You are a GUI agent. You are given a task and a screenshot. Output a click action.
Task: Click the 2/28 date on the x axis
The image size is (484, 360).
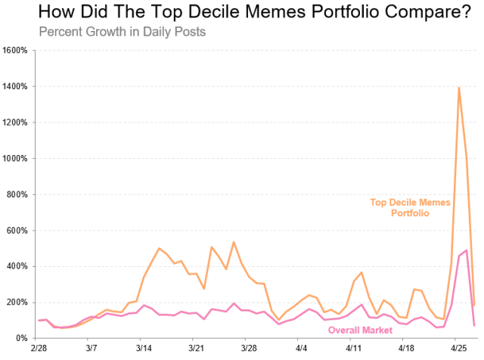(39, 349)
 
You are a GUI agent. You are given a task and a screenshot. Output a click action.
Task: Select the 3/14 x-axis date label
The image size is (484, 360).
(144, 349)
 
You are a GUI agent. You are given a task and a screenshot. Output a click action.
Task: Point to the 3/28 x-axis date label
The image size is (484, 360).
(249, 349)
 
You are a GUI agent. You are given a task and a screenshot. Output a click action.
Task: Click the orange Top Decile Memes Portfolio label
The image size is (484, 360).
(410, 208)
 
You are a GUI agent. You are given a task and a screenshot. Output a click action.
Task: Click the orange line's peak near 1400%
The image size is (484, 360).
(459, 88)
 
